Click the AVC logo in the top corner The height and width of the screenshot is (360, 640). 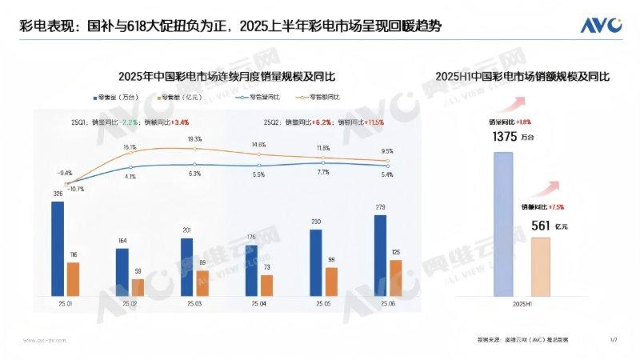602,25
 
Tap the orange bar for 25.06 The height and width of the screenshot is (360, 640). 395,277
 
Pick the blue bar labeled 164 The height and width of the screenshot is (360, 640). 122,270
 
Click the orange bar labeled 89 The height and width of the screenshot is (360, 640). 202,282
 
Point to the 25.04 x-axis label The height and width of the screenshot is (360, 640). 258,304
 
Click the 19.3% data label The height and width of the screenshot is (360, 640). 194,139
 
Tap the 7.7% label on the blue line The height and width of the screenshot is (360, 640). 323,172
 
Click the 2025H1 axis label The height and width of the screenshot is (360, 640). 522,304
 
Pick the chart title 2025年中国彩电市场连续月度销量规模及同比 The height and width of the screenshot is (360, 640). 226,77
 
